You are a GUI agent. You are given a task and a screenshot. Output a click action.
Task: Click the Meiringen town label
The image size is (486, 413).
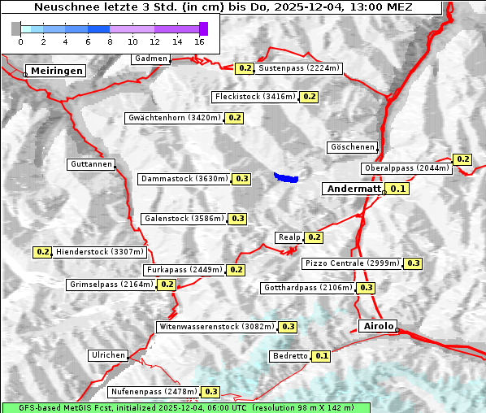coord(56,71)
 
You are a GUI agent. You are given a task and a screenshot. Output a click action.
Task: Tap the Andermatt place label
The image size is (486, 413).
coord(354,189)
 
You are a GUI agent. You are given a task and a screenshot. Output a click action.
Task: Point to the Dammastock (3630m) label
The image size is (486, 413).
coord(184,178)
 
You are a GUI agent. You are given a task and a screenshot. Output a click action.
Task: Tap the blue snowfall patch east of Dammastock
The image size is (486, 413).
coord(286,176)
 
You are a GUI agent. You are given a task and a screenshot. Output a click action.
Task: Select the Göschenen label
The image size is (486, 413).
coord(354,147)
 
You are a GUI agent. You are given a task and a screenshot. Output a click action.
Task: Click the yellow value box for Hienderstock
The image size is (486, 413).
coord(42,252)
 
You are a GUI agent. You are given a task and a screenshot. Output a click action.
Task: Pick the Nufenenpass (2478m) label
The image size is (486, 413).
coord(154,392)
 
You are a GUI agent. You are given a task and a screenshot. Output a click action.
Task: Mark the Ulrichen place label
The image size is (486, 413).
coord(108,355)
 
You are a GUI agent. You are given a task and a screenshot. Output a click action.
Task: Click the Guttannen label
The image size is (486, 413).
coord(91,164)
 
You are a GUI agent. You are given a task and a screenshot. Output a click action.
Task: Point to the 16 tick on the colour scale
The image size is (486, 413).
coord(200,41)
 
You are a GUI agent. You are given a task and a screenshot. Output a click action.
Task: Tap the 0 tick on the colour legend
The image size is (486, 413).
coord(20,41)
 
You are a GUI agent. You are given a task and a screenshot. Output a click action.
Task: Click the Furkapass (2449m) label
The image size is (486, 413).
coord(184,269)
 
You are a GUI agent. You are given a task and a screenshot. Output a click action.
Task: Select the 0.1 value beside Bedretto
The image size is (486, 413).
coord(322,356)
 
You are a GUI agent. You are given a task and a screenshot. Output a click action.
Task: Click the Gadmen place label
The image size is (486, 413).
coord(151,59)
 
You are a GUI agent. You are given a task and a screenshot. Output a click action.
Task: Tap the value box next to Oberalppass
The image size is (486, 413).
coord(462,159)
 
